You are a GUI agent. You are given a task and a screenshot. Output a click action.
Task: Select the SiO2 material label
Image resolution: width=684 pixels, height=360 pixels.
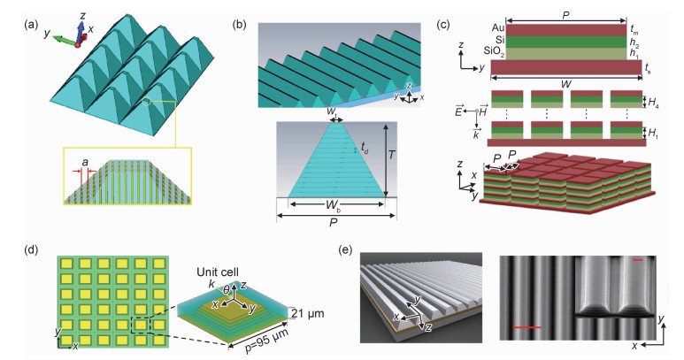(474, 54)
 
